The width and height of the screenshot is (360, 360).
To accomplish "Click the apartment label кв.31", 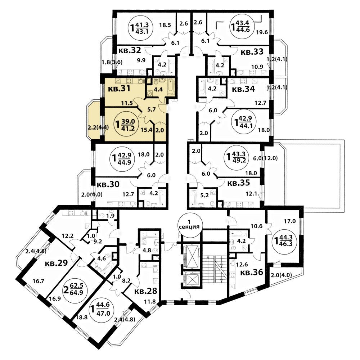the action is click(x=119, y=89).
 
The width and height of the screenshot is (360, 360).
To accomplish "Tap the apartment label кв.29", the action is click(x=56, y=263).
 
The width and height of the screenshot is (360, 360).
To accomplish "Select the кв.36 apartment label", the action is click(x=251, y=273).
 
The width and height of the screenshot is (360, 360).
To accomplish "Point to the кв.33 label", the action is click(x=252, y=52).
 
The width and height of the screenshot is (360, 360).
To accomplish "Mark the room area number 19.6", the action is click(x=262, y=32).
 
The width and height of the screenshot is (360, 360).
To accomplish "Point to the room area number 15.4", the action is click(x=147, y=130).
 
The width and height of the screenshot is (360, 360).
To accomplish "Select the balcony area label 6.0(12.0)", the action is click(x=265, y=158).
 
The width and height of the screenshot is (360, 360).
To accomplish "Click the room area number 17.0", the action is click(x=290, y=221).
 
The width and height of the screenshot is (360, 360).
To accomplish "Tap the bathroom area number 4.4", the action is click(x=158, y=89).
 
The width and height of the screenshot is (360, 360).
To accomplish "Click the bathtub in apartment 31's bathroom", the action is click(x=171, y=86).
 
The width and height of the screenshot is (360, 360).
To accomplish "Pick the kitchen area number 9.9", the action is click(x=141, y=60).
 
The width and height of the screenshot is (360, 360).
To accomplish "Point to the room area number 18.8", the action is click(x=82, y=317).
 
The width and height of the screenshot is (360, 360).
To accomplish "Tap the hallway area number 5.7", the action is click(x=152, y=109).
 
